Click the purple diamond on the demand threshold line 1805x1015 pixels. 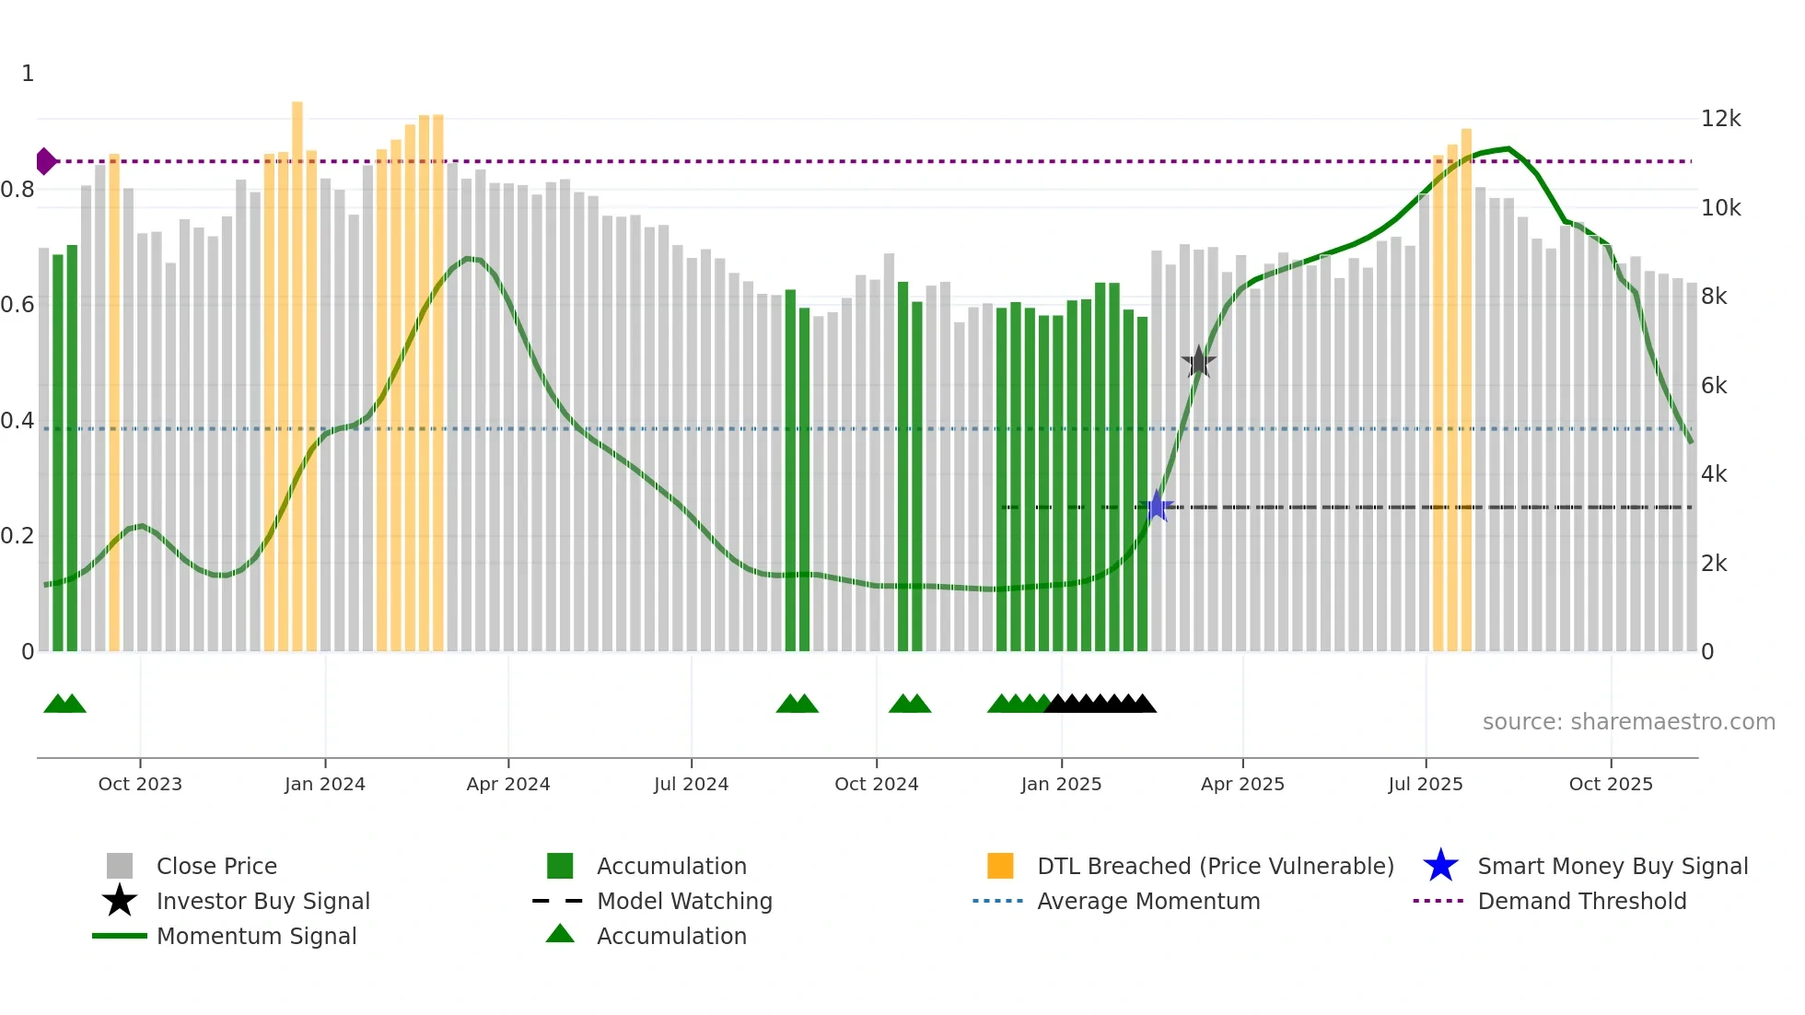45,161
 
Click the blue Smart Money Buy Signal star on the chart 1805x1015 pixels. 1157,507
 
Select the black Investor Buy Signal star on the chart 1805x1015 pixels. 1198,362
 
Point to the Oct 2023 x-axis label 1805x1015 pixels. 140,784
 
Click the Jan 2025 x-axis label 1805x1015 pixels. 1061,784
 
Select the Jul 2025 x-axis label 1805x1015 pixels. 1426,784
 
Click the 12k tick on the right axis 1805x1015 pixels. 1720,119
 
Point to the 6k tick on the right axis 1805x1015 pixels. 1714,386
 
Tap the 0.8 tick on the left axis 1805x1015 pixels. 18,190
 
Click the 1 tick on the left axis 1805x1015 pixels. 28,74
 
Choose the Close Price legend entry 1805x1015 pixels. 216,866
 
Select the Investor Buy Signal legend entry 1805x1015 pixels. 262,901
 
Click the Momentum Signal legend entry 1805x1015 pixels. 256,936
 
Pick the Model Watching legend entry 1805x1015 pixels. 684,901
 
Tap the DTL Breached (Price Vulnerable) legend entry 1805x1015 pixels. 1215,866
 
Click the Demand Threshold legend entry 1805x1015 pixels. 1581,901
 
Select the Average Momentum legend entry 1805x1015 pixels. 1148,901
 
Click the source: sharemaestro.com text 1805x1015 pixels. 1628,722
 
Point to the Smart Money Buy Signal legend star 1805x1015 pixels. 1440,866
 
